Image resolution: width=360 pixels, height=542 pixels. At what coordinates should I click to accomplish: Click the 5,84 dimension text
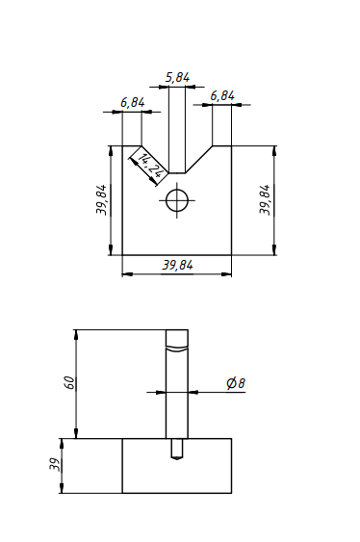tap(177, 77)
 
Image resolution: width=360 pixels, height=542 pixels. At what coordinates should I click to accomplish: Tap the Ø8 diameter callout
tap(236, 383)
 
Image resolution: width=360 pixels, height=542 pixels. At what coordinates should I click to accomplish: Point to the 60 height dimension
tap(70, 382)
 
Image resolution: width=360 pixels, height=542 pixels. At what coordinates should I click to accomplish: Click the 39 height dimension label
tap(55, 465)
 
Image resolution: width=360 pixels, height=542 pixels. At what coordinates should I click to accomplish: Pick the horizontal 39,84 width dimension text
tap(177, 265)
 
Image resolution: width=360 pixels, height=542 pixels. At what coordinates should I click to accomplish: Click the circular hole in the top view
tap(177, 200)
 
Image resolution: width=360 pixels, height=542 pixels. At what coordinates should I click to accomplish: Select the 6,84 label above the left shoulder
tap(133, 103)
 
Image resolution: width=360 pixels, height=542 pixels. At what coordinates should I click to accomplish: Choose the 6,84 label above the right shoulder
tap(222, 95)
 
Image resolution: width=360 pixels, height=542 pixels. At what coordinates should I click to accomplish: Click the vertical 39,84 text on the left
tap(102, 200)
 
